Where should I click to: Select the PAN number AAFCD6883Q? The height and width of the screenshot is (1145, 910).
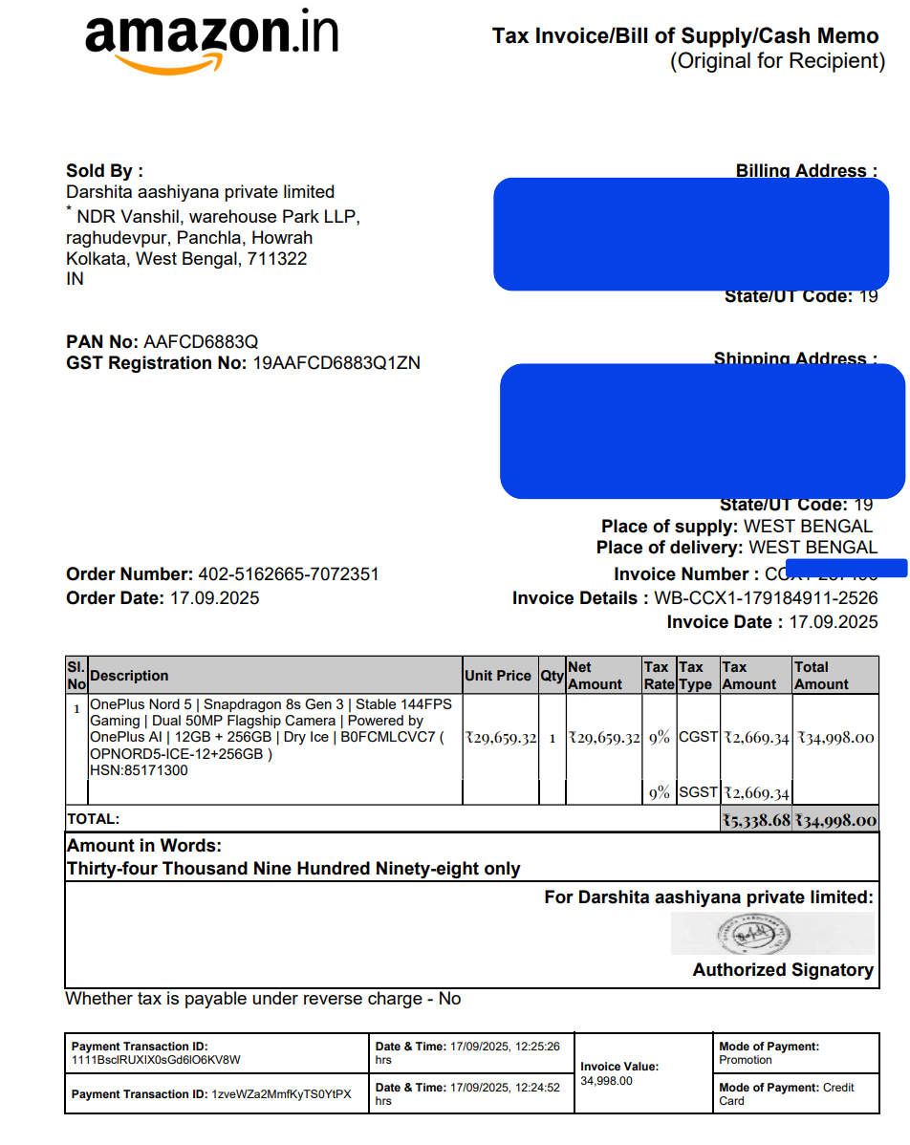pos(201,342)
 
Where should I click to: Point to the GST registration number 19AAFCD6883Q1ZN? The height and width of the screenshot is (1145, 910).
pos(336,363)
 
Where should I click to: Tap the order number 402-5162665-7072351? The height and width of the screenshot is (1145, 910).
pos(288,574)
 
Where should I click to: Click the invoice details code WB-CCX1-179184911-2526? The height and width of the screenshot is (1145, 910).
pos(765,598)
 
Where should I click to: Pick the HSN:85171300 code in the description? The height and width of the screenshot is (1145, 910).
pos(139,770)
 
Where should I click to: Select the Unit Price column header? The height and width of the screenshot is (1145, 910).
pos(497,676)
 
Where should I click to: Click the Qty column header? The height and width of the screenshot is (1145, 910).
pos(552,676)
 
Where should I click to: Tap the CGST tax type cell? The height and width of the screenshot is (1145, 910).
pos(698,737)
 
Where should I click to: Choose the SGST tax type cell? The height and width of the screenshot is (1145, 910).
pos(698,792)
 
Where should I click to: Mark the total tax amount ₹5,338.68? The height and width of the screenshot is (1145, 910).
pos(756,820)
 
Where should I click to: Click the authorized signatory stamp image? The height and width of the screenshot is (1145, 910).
pos(771,933)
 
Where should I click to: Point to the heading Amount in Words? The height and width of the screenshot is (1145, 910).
pos(143,846)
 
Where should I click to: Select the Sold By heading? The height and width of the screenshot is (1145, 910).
pos(104,171)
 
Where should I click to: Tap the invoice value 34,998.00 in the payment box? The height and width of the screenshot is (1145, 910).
pos(606,1080)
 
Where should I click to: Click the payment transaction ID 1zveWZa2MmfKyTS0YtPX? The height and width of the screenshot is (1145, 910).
pos(281,1094)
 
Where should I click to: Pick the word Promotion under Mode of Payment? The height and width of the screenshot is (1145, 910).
pos(746,1060)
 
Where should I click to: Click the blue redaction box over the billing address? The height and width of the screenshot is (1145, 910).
pos(690,234)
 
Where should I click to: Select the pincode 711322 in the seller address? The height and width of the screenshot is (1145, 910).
pos(277,258)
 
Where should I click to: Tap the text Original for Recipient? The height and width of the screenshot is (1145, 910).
pos(777,61)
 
